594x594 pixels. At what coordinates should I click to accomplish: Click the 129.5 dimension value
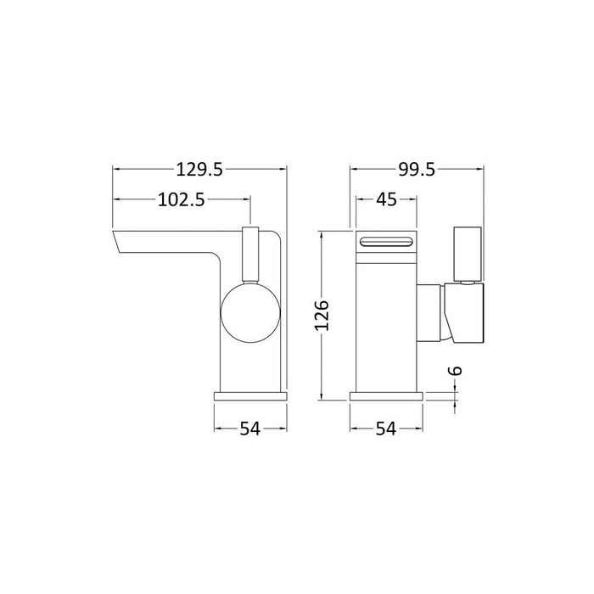(201, 170)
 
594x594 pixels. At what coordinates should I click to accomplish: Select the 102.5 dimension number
(182, 200)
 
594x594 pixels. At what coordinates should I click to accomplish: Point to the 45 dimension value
(385, 200)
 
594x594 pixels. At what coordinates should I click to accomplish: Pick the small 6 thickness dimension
(458, 370)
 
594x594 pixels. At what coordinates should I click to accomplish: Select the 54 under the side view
(249, 429)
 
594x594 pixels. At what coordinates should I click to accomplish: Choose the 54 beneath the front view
(385, 429)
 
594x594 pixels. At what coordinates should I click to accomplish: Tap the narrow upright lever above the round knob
(249, 253)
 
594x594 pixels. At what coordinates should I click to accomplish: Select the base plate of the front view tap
(385, 396)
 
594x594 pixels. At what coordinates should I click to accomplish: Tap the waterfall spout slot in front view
(386, 243)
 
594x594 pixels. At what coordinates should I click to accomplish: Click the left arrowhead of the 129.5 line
(116, 170)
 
